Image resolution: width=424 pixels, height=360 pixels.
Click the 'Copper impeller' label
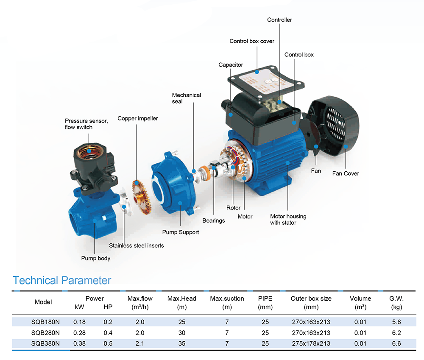click(x=137, y=118)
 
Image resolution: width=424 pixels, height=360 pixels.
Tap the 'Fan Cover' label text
click(x=346, y=173)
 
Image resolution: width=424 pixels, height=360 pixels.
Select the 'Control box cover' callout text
click(x=252, y=41)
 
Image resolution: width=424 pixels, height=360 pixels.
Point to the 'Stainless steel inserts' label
click(x=136, y=245)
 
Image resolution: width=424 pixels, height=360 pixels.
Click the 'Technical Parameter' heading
click(x=62, y=280)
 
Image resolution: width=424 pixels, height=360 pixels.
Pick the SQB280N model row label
click(x=45, y=333)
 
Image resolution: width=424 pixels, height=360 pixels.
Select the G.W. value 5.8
click(x=396, y=322)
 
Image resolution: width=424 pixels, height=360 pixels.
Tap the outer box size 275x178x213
click(x=311, y=343)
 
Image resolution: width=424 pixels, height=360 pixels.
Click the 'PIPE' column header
click(x=265, y=299)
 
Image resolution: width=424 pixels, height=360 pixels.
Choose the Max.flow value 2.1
click(x=140, y=343)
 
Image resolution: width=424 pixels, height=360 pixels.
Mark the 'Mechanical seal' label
click(x=187, y=98)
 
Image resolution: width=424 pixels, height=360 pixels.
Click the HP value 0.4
click(x=108, y=333)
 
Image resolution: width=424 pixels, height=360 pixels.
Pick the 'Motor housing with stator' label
click(x=288, y=219)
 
